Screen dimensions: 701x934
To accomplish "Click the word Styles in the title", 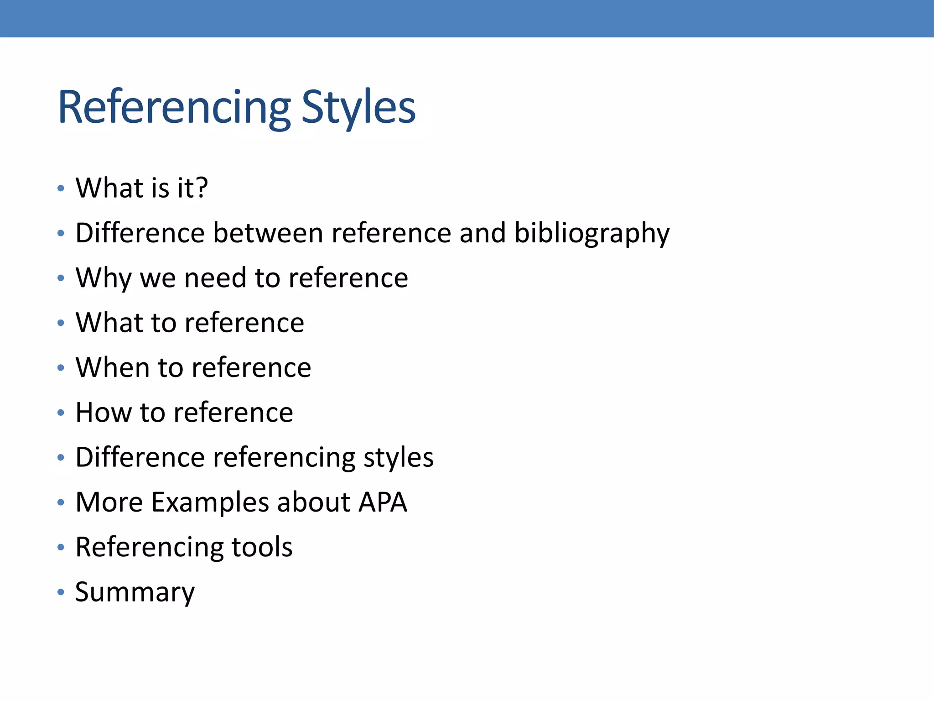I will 358,108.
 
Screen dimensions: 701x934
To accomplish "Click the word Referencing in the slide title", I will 174,108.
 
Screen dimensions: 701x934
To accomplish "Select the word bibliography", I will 592,233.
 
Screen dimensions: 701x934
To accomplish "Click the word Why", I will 103,277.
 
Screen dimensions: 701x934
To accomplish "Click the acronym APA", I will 383,502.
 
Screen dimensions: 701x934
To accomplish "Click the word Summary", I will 135,592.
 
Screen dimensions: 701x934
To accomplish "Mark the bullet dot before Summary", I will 61,592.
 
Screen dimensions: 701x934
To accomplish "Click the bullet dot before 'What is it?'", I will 61,188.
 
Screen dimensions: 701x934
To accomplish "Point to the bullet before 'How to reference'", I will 61,413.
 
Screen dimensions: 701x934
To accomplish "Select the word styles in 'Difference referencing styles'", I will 398,457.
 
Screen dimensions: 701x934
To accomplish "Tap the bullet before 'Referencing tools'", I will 61,547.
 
